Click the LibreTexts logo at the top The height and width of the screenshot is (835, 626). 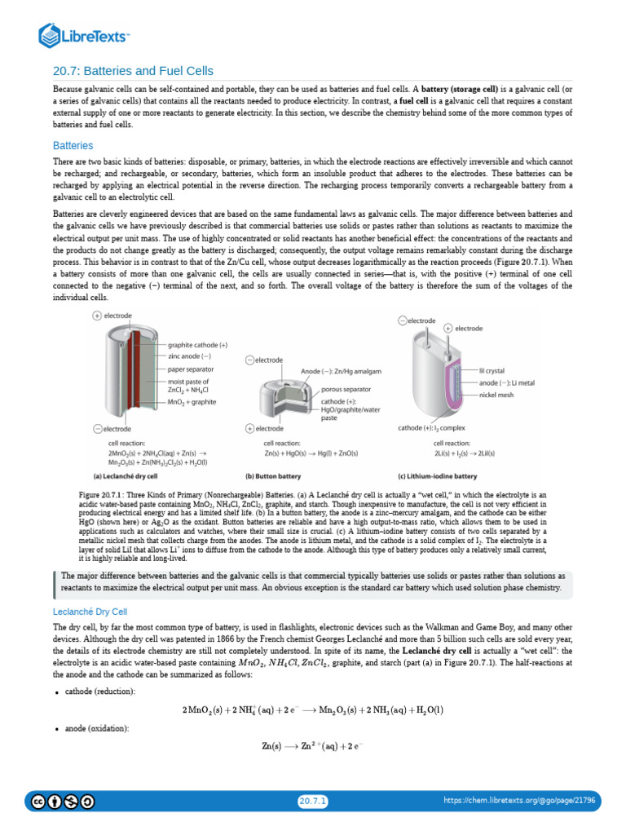85,35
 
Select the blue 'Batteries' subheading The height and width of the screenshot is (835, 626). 73,145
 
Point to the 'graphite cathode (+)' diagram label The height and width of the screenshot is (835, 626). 197,345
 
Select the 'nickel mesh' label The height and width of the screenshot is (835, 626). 496,395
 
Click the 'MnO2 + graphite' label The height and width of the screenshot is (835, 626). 193,403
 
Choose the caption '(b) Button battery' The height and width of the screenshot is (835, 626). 273,475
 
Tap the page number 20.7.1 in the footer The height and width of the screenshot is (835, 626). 312,802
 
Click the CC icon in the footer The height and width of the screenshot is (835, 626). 37,802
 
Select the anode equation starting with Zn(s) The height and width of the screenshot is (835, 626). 312,745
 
